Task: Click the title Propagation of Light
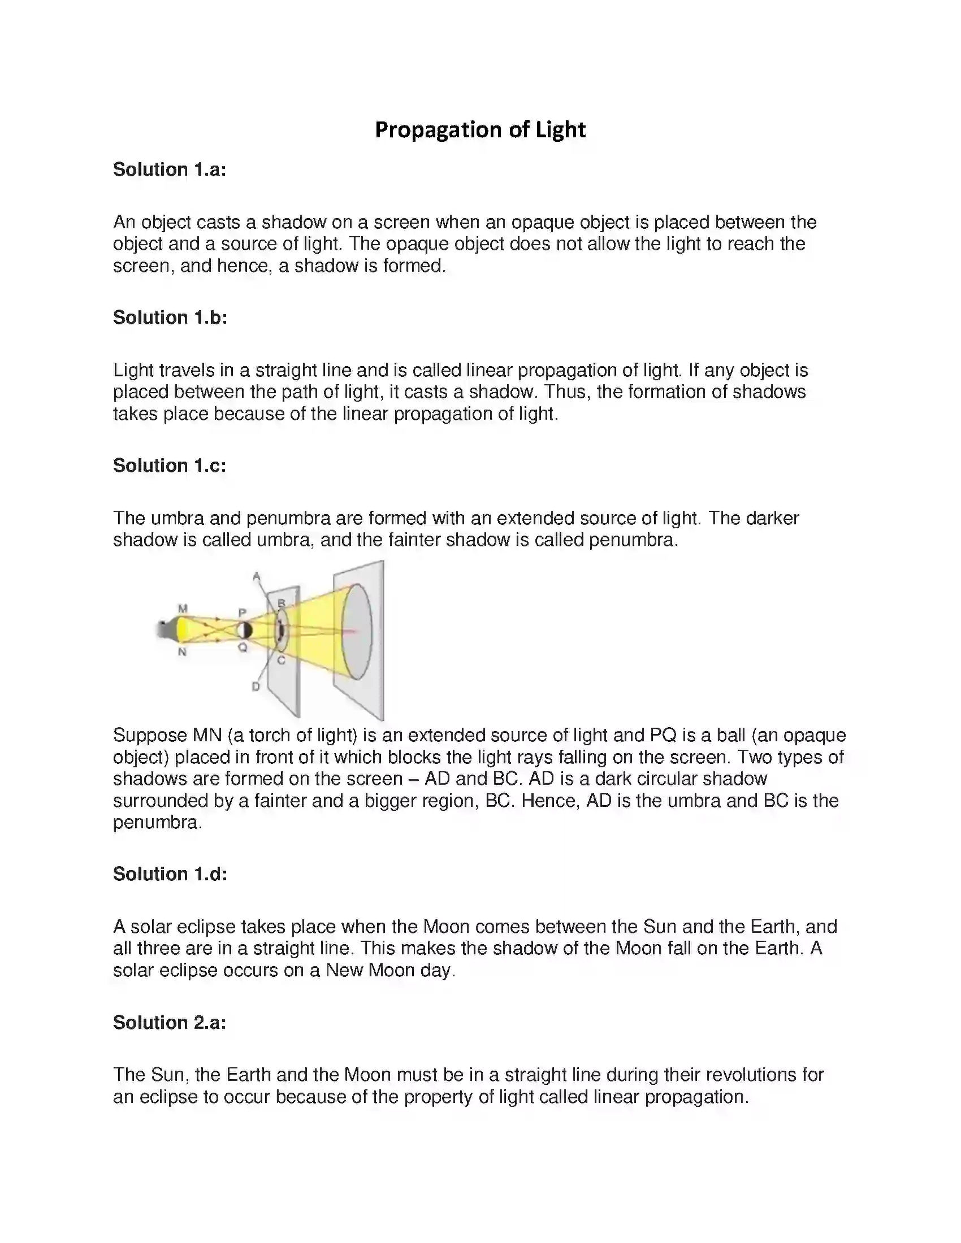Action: [480, 130]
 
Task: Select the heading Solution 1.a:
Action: [170, 169]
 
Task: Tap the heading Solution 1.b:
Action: [170, 318]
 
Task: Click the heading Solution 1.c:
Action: [170, 466]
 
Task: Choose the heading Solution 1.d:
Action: [170, 874]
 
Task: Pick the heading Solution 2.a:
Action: [170, 1023]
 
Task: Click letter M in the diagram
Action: [183, 609]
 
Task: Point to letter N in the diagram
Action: [182, 652]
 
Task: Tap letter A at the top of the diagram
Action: [256, 576]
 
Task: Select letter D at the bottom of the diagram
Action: [256, 687]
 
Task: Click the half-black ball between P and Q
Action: [244, 631]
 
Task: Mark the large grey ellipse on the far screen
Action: [357, 631]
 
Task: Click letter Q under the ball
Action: [243, 647]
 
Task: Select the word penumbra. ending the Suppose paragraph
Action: [157, 823]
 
